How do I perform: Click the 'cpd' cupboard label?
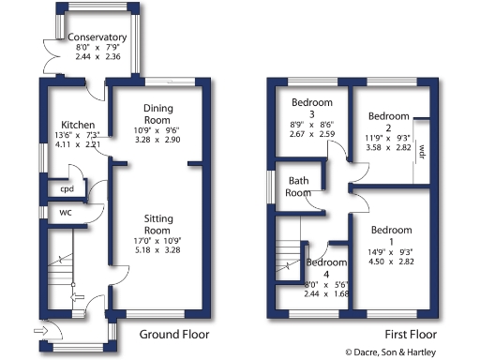tap(67, 188)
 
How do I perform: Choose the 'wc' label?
tap(65, 212)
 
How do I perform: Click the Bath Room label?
tap(299, 187)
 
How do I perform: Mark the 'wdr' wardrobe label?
tap(422, 150)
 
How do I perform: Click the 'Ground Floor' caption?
tap(174, 335)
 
